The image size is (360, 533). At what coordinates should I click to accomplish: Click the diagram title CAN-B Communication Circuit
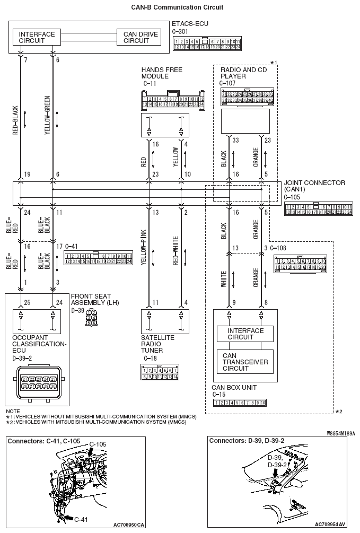point(177,7)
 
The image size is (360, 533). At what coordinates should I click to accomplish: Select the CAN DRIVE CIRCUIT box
point(137,37)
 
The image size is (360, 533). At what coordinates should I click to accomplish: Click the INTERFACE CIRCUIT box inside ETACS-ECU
point(37,37)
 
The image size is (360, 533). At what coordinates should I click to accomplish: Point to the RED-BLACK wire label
point(15,120)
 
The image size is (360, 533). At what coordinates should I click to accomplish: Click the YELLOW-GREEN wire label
point(47,120)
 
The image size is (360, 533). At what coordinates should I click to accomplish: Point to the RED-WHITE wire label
point(175,250)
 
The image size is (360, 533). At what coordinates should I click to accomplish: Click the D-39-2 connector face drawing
point(35,383)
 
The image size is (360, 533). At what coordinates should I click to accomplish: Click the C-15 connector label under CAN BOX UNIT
point(219,395)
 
